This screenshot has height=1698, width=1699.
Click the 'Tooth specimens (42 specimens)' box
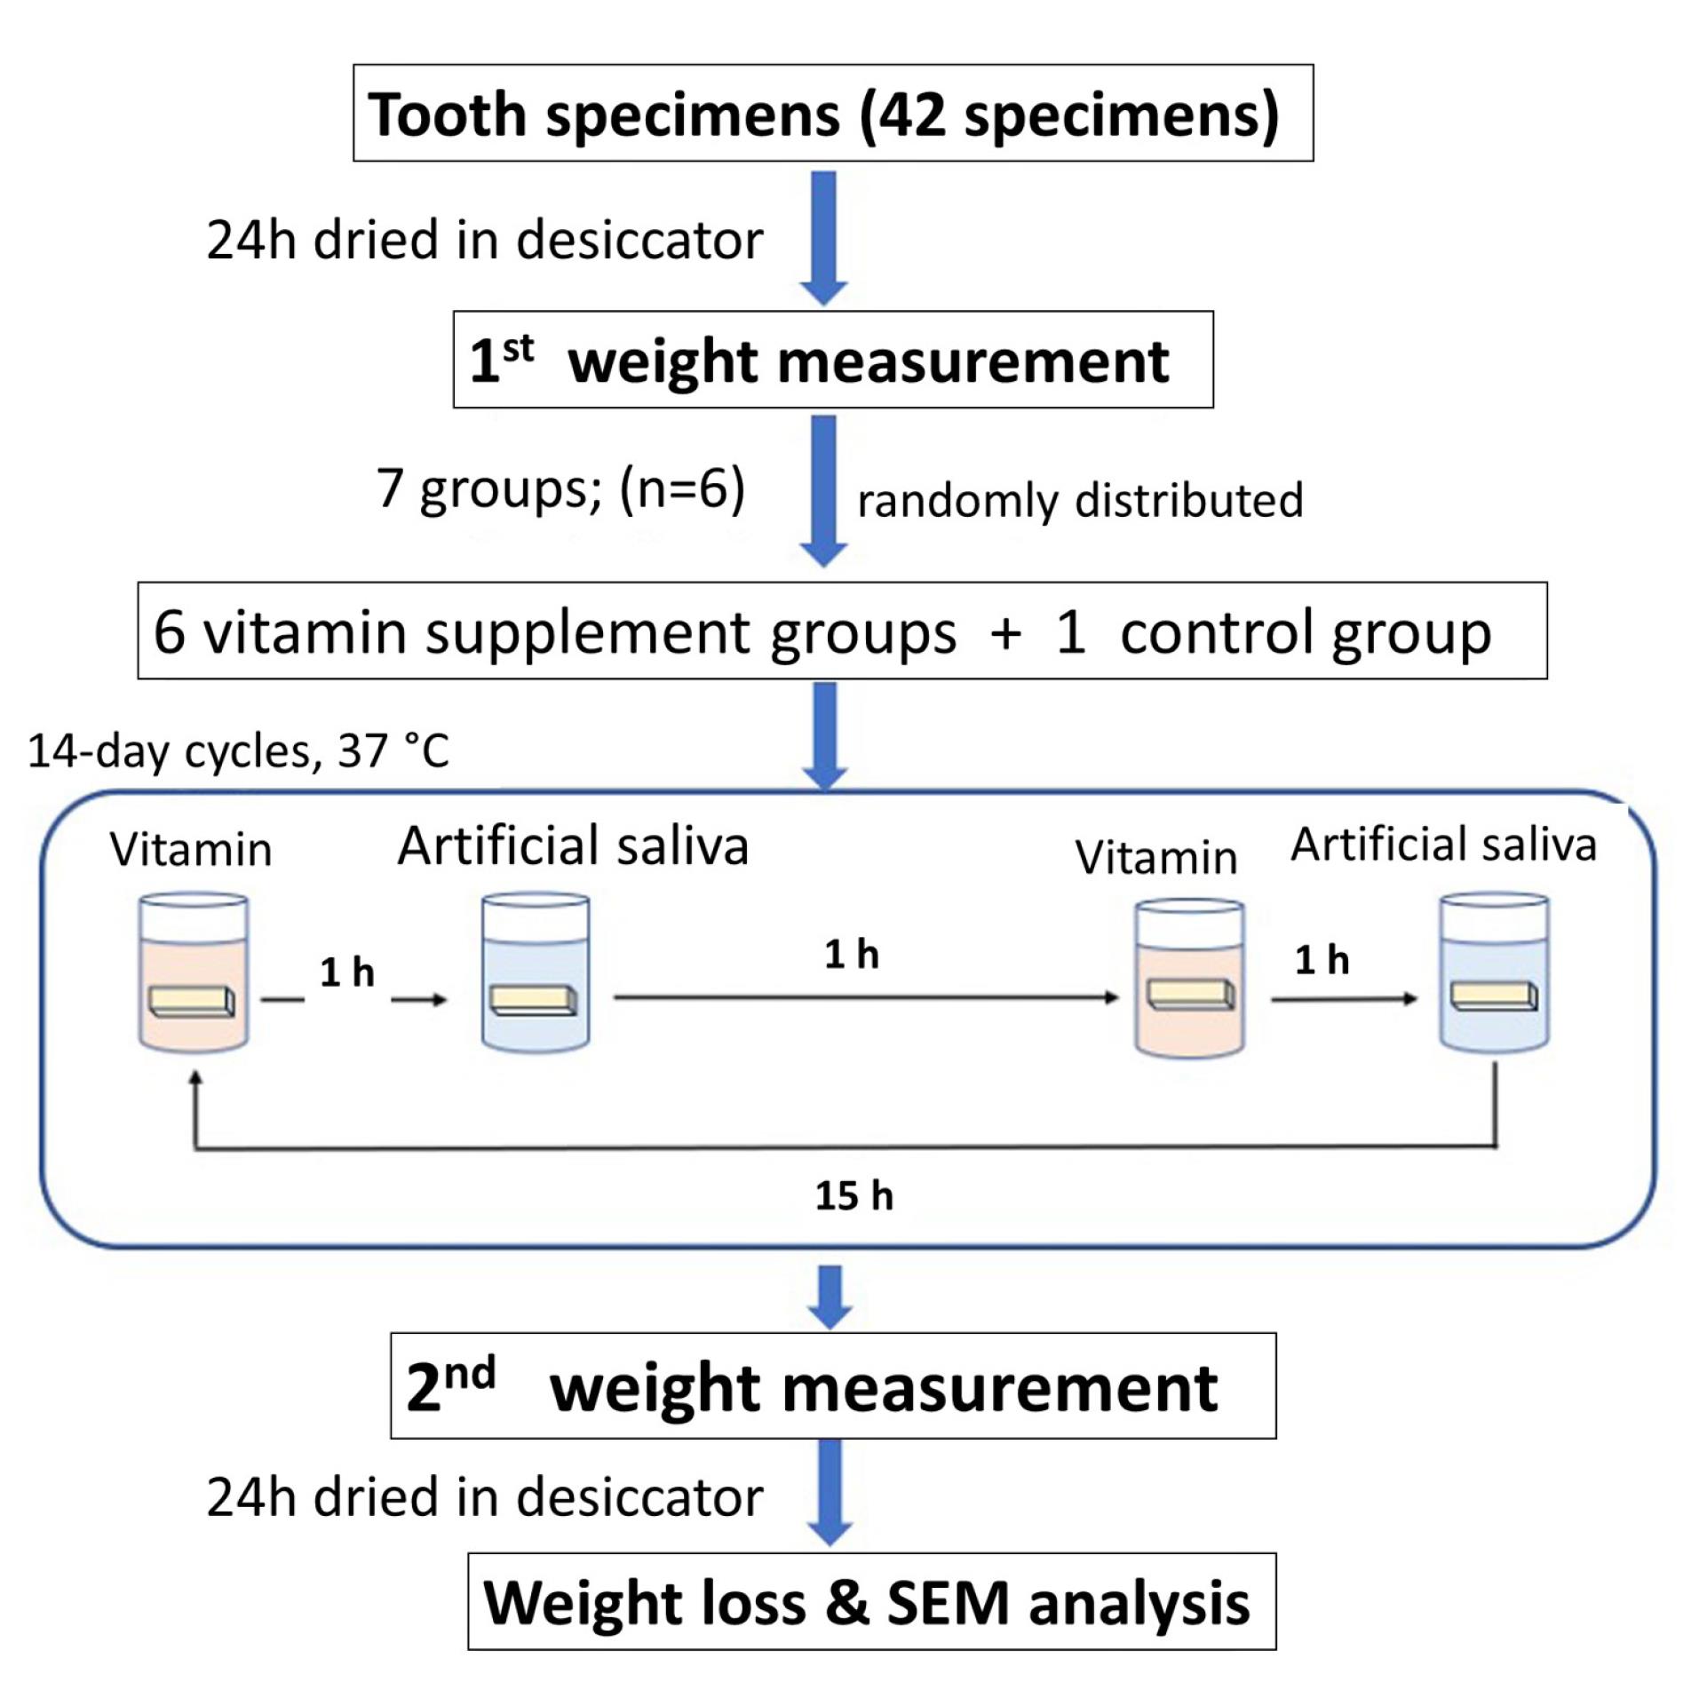click(832, 113)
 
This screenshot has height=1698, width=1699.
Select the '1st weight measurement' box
click(832, 360)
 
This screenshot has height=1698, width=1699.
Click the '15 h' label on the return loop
click(853, 1196)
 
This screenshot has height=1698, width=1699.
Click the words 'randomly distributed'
click(1079, 500)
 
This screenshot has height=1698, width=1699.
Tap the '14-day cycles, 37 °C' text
click(238, 751)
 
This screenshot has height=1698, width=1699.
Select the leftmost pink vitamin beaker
click(194, 973)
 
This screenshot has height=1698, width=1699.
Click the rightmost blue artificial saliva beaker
click(1494, 973)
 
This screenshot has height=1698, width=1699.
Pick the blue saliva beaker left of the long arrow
click(535, 973)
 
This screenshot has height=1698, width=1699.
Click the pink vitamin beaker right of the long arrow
click(1189, 977)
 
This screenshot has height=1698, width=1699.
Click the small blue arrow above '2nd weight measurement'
click(830, 1297)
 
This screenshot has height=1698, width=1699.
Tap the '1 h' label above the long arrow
click(851, 956)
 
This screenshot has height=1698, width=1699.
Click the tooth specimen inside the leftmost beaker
click(192, 1001)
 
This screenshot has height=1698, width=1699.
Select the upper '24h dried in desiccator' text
click(485, 240)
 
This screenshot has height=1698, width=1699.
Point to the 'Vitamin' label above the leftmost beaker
click(190, 849)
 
